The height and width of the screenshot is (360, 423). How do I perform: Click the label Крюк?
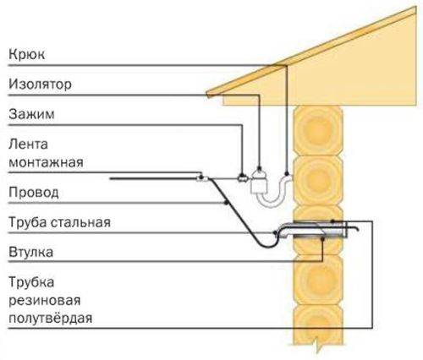coord(26,54)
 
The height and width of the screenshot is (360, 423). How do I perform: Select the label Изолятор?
coord(40,84)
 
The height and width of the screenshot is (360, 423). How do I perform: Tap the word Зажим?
coord(31,114)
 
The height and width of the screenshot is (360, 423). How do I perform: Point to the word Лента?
coord(28,145)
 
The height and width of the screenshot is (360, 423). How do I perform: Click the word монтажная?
coord(46,162)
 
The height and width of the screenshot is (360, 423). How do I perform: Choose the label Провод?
coord(34,193)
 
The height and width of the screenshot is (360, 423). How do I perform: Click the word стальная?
coord(80,222)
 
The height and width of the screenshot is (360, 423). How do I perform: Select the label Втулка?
coord(30,252)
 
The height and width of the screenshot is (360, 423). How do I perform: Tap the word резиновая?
coord(45,301)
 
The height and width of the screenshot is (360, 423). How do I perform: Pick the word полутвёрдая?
coord(51,318)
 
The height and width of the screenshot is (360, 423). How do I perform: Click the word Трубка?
coord(31,282)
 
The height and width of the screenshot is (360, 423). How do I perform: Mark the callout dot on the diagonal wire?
coord(226,203)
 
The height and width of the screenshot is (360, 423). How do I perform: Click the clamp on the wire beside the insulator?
coord(241,178)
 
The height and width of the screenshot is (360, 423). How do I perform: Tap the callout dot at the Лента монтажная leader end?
coord(201,177)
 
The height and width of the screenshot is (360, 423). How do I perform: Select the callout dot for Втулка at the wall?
coord(322,238)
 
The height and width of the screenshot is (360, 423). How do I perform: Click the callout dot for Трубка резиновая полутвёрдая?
coord(332,221)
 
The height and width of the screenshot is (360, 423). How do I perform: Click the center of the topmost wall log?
coord(318,130)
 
